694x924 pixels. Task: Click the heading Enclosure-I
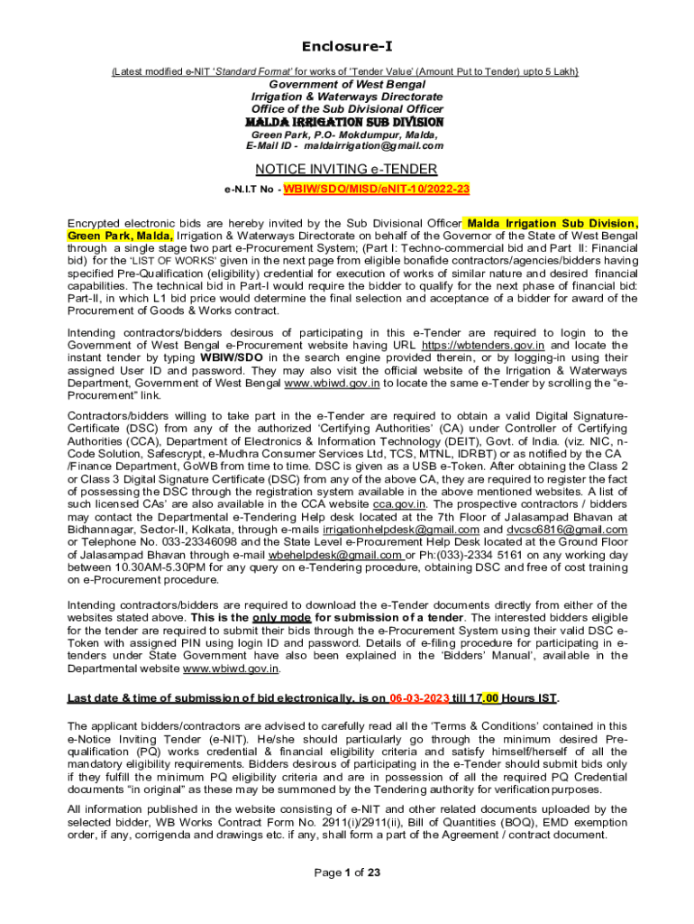[347, 46]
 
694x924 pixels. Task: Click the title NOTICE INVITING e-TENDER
[346, 169]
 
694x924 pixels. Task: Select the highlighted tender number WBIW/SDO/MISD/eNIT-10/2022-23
[376, 189]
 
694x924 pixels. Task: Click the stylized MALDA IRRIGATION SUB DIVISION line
[346, 122]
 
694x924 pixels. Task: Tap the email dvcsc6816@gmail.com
[570, 529]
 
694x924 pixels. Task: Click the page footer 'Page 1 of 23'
[347, 873]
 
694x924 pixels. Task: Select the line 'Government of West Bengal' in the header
[347, 84]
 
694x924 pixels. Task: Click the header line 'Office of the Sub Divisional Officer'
[347, 109]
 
